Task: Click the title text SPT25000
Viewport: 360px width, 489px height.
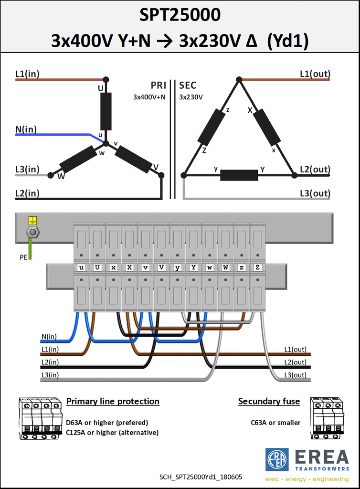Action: [180, 15]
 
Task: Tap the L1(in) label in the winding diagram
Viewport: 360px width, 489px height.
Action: [27, 74]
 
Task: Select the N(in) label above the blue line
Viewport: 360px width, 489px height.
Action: [26, 129]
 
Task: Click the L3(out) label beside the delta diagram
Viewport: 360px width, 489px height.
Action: [315, 193]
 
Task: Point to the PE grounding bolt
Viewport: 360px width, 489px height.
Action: [33, 232]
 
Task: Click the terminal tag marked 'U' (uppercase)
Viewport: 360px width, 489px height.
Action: [97, 267]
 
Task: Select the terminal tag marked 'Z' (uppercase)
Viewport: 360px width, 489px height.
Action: [258, 267]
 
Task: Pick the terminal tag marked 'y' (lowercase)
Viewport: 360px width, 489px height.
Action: [178, 267]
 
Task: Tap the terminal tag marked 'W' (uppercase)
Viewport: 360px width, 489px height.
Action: [226, 267]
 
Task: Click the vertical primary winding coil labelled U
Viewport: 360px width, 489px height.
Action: [106, 111]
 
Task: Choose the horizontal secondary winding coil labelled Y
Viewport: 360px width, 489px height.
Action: [239, 175]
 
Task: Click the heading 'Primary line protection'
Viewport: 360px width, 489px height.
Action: [113, 401]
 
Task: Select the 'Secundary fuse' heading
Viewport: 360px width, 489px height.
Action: [269, 401]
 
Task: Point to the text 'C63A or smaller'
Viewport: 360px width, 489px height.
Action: [275, 423]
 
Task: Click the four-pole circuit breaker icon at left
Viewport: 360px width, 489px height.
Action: [40, 418]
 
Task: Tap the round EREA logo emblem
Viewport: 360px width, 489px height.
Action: [277, 460]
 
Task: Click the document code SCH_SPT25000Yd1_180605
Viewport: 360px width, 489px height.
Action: [201, 477]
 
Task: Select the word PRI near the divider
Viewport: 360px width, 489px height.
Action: [159, 85]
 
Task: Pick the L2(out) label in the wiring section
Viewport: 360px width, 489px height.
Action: [295, 362]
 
